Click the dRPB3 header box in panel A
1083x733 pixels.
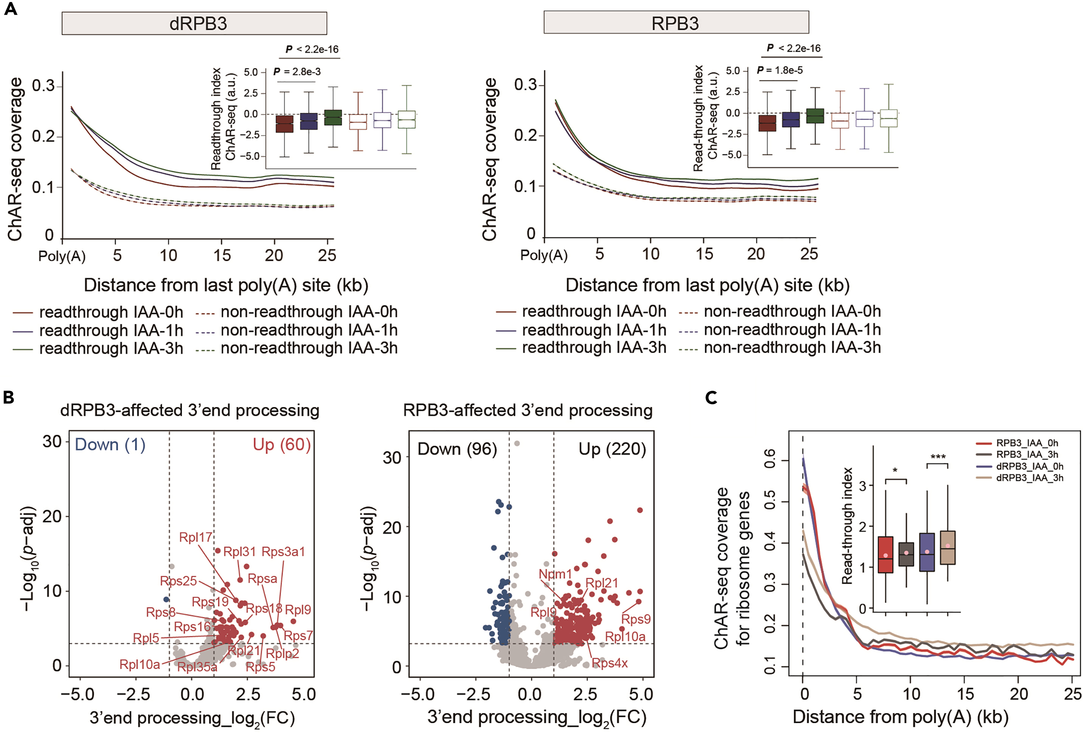tap(194, 23)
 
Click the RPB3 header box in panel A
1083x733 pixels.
tap(676, 23)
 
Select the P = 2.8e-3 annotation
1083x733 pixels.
tap(297, 72)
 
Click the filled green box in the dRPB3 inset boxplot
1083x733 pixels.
tap(333, 118)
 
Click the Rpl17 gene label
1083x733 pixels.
tap(196, 537)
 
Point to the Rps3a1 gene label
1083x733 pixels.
tap(283, 552)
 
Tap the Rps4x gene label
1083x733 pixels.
tap(610, 663)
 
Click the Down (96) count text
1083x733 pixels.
tap(457, 449)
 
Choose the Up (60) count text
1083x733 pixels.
tap(281, 445)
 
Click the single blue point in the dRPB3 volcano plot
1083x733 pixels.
tap(166, 599)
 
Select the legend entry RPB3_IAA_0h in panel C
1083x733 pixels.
tap(1027, 443)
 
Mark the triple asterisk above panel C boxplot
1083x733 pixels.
tap(938, 457)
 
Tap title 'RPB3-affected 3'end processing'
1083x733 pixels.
tap(528, 411)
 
